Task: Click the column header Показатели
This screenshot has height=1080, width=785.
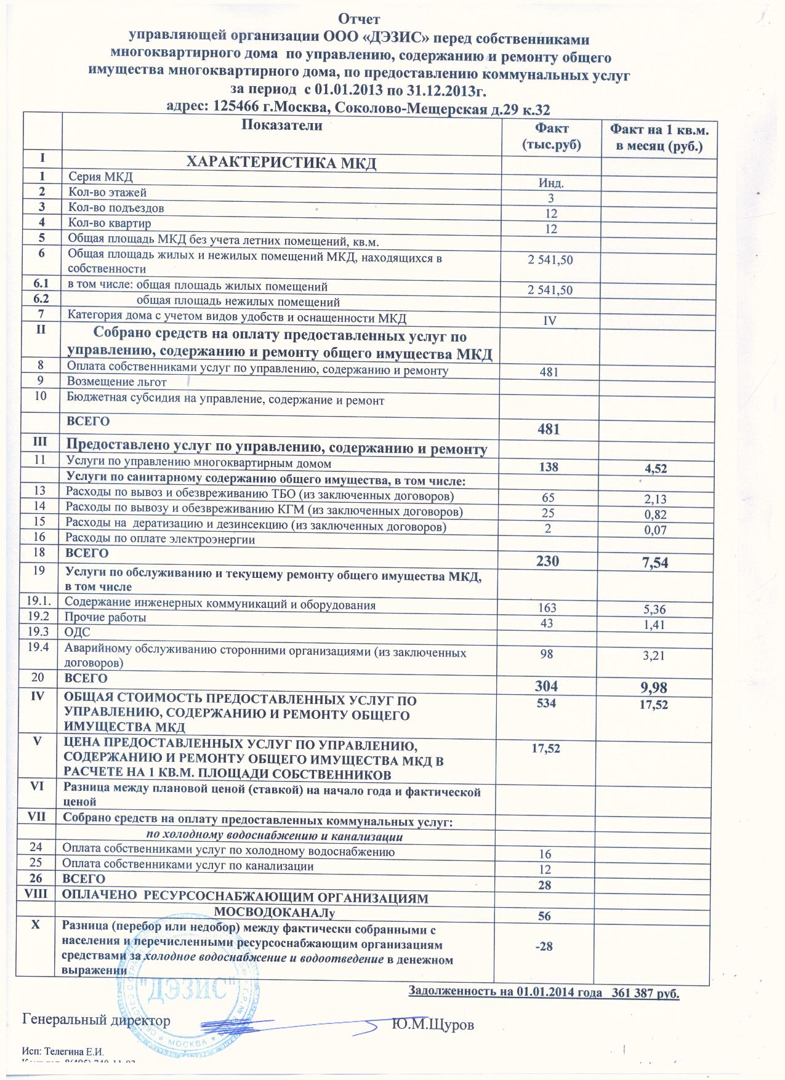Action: [x=283, y=126]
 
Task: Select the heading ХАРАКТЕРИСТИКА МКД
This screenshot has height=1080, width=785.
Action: [x=281, y=163]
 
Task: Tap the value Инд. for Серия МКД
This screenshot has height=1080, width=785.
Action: [x=551, y=183]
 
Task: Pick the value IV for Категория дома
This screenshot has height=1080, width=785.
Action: [x=551, y=320]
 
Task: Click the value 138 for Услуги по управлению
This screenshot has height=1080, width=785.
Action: [x=550, y=468]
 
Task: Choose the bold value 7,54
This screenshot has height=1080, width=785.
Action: [x=655, y=562]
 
